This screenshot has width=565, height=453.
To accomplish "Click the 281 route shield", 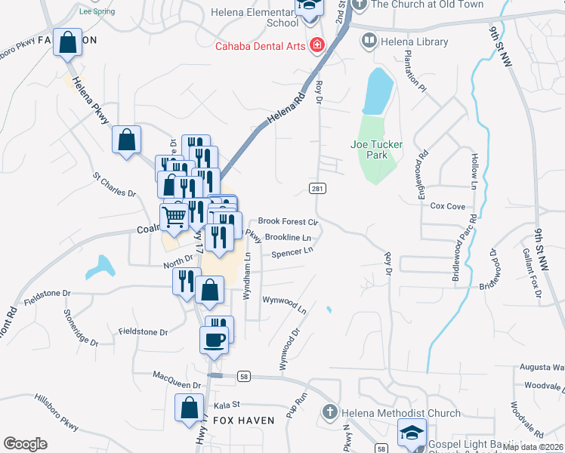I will click(x=316, y=186).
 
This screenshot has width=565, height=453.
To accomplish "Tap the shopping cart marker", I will click(x=174, y=217).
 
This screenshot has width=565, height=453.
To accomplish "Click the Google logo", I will click(x=25, y=444).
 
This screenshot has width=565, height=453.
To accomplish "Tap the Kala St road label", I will click(x=227, y=405).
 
